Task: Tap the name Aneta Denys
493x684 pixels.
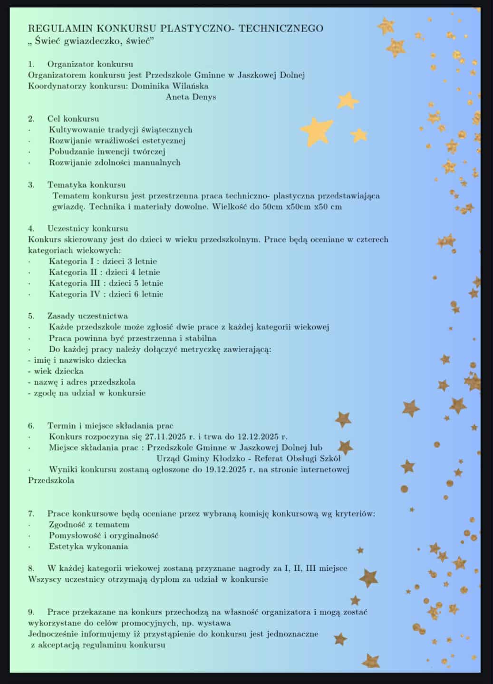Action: pos(191,97)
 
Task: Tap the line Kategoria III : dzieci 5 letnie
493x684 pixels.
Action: pos(106,283)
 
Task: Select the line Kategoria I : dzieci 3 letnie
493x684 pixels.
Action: pos(103,261)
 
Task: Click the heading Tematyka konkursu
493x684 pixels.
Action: pos(87,184)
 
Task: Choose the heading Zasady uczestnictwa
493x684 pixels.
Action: pos(87,316)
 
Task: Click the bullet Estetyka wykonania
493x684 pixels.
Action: pos(88,547)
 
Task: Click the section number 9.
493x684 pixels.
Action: pos(31,612)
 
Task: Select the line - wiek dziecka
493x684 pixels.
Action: pos(56,371)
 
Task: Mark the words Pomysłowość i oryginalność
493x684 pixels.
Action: pos(104,536)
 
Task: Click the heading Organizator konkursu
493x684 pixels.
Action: pos(90,64)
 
